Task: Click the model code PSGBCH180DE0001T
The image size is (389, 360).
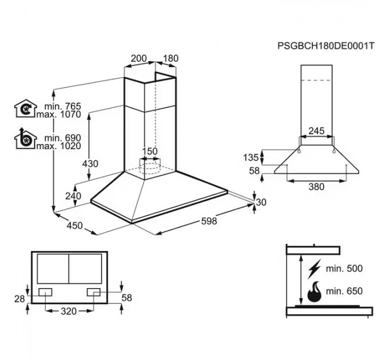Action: tap(326, 46)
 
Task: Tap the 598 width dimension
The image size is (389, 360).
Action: tap(209, 221)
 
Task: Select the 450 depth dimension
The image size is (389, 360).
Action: tap(75, 226)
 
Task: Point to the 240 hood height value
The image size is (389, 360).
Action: tap(73, 196)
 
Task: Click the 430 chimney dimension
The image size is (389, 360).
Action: tap(90, 164)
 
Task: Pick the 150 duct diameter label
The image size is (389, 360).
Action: tap(150, 151)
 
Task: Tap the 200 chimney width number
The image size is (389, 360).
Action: tap(139, 58)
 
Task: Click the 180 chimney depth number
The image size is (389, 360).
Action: tap(170, 58)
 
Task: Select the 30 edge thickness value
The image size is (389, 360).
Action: tap(261, 202)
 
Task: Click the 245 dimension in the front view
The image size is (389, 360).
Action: tap(316, 131)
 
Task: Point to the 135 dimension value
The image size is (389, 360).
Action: tap(251, 157)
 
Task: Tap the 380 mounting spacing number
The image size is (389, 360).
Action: tap(316, 186)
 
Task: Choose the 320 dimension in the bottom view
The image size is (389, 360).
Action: tap(69, 311)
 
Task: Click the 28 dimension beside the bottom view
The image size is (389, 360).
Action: tap(19, 299)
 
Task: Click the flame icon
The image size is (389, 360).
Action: tap(314, 292)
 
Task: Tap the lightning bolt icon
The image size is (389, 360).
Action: tap(314, 269)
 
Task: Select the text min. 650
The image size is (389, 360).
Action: tap(344, 291)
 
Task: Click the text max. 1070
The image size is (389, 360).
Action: tap(59, 114)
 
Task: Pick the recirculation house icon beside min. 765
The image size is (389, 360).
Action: tap(26, 109)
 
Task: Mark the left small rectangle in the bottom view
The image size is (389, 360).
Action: tap(45, 292)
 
